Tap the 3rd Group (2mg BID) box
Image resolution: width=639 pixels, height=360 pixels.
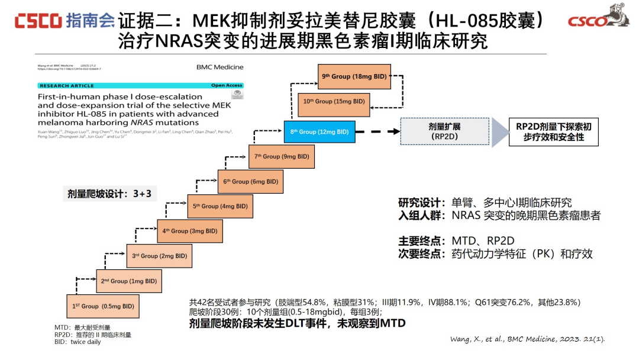159,256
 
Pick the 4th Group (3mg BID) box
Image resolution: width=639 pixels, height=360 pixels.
190,231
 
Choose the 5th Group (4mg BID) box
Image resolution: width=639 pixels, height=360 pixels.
221,206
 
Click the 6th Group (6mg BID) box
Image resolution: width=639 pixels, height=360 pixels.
251,181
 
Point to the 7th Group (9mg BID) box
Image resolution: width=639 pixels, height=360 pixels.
282,156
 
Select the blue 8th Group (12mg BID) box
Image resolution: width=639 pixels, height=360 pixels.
319,131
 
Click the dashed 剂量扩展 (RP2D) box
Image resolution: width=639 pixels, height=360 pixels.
444,131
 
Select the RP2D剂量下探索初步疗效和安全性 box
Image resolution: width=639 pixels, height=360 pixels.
553,131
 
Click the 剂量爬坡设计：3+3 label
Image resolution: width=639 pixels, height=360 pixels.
109,194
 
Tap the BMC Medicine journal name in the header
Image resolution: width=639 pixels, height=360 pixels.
220,67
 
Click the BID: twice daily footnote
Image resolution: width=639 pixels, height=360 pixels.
78,342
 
